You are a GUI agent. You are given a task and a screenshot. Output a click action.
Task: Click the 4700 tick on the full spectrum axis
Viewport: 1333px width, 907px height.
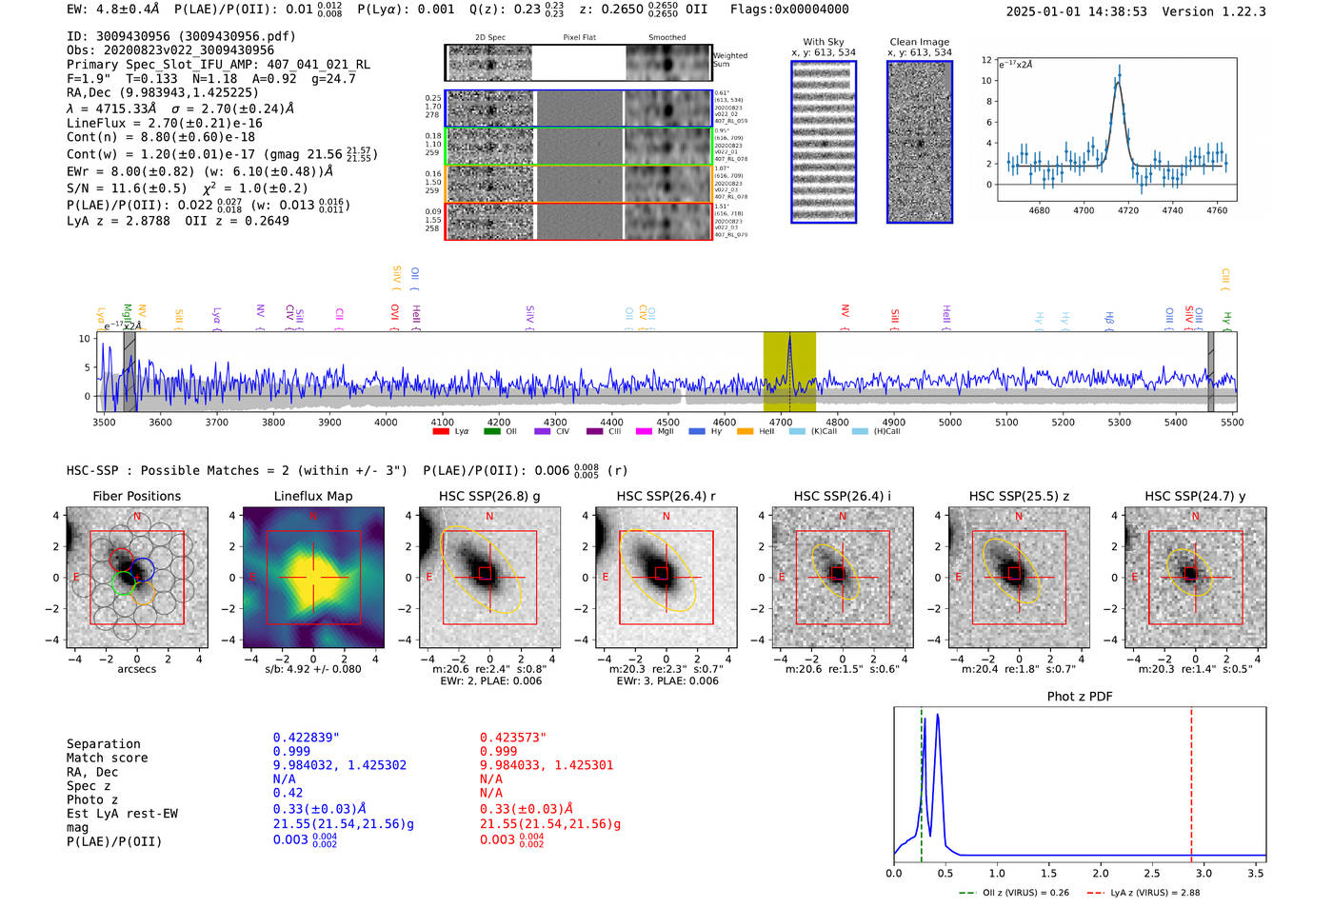pyautogui.click(x=780, y=422)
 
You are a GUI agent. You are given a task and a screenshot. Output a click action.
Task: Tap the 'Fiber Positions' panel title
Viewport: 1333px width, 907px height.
pyautogui.click(x=136, y=496)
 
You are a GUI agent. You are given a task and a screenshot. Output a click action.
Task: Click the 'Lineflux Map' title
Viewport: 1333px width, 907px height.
pyautogui.click(x=312, y=496)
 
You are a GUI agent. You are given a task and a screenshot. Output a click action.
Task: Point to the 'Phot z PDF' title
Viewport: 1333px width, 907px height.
pyautogui.click(x=1079, y=697)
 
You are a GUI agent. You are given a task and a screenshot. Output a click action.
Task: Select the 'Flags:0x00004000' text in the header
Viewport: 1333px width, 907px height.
pyautogui.click(x=789, y=10)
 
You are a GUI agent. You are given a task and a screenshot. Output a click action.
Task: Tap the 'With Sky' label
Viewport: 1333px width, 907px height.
pyautogui.click(x=823, y=42)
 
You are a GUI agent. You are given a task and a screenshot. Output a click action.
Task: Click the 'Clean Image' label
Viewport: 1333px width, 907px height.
pyautogui.click(x=919, y=42)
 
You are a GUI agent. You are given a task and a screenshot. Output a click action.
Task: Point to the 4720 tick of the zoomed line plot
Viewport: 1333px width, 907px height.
pyautogui.click(x=1128, y=210)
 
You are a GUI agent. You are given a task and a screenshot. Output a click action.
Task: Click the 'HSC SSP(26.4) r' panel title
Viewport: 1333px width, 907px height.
pyautogui.click(x=666, y=496)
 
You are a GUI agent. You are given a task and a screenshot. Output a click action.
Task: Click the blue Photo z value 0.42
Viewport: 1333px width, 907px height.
pyautogui.click(x=288, y=793)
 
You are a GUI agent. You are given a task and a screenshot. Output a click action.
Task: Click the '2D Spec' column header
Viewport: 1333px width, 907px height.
pyautogui.click(x=489, y=38)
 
